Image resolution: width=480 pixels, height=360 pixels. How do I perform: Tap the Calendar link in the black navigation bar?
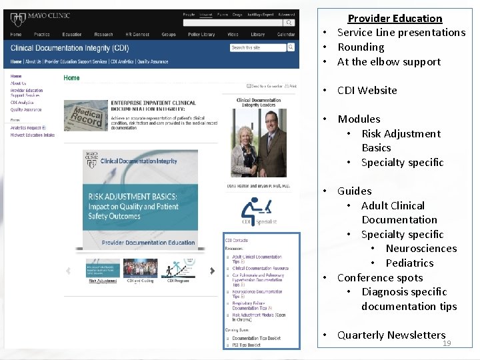286,35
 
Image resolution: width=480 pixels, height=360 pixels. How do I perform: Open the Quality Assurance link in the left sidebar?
25,109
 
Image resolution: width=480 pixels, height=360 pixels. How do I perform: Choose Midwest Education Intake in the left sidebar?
33,135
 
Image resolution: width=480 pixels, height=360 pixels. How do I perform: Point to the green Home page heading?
71,78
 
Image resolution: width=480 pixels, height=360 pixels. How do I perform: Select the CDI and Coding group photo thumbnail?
140,268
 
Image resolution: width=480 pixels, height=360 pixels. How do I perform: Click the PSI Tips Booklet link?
247,345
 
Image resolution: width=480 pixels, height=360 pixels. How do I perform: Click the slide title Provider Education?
395,19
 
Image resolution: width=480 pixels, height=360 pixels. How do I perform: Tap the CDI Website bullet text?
367,91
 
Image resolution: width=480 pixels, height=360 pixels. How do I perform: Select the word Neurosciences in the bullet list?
421,249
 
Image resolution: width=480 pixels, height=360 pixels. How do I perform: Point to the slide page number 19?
447,343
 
